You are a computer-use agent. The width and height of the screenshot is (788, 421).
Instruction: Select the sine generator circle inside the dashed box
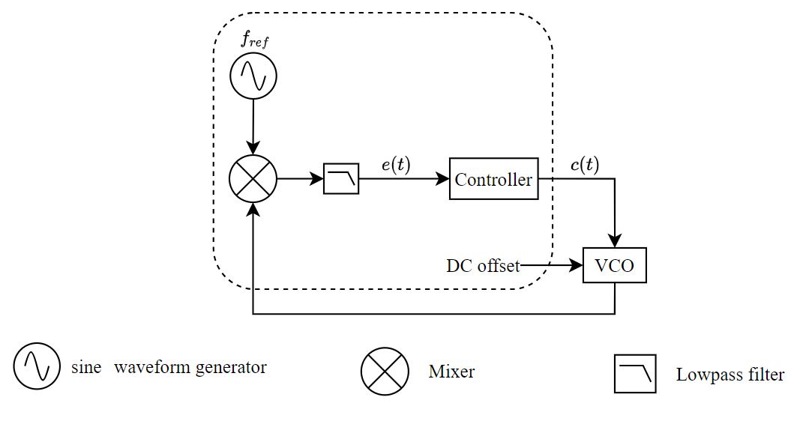(253, 76)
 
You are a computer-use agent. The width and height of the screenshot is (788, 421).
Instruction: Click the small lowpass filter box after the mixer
(341, 180)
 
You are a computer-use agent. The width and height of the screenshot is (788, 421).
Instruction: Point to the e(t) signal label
(396, 165)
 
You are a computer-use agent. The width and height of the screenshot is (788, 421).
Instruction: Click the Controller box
(493, 179)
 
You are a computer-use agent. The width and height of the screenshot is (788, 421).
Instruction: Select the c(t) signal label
(584, 165)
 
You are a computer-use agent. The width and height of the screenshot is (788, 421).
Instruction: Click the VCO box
(614, 266)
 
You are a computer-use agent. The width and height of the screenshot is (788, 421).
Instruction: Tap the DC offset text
(482, 266)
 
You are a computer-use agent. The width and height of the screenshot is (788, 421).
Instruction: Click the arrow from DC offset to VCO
(552, 266)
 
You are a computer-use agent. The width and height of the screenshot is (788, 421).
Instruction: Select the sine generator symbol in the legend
(36, 366)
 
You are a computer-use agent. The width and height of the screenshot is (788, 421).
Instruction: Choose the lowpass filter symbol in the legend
(635, 373)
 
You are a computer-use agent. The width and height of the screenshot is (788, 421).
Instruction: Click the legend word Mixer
(451, 372)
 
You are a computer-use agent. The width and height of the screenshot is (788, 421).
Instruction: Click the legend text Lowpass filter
(730, 375)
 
